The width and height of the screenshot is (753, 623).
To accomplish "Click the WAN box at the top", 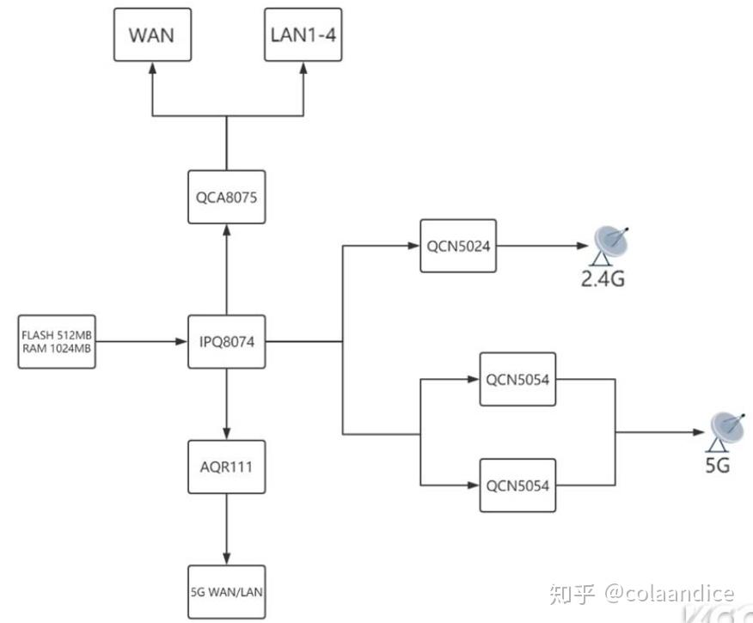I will (x=151, y=35).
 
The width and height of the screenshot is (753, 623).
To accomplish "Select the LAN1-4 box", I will (x=303, y=35).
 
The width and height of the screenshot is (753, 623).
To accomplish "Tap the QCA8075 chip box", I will (x=227, y=196).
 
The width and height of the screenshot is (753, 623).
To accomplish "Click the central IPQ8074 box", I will (x=227, y=342).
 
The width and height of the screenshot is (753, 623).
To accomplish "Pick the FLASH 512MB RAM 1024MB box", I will (x=57, y=342).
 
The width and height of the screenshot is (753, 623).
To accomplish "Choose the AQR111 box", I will (x=227, y=467).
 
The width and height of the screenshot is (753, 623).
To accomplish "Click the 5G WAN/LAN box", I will (x=227, y=591).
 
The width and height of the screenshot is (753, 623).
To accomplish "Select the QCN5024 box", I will (x=458, y=246).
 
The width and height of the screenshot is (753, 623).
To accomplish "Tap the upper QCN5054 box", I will (x=517, y=379).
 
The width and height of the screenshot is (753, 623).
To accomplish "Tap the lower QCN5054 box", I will (x=517, y=486).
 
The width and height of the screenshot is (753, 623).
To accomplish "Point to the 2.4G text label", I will (x=601, y=278).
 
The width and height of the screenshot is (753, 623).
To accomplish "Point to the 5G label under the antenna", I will (x=718, y=465).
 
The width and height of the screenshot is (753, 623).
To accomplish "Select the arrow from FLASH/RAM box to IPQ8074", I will (x=142, y=342).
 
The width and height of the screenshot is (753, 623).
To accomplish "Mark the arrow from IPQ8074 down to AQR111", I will (x=227, y=404).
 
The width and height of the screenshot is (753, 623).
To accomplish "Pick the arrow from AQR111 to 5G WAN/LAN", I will (x=227, y=528).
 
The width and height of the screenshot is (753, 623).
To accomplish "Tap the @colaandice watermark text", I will (x=670, y=592).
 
